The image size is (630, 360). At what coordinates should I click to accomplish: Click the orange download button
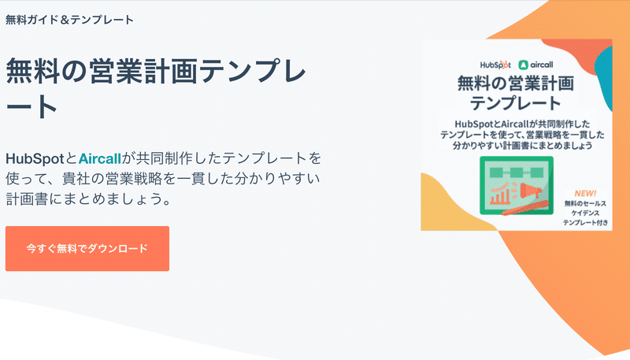point(87,248)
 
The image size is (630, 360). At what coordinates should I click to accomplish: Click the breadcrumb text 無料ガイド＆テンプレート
point(69,20)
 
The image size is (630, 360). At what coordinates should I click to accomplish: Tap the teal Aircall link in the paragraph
point(100,158)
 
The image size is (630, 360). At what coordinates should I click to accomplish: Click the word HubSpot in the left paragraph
point(35,158)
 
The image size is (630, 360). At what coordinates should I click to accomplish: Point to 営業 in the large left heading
point(116,72)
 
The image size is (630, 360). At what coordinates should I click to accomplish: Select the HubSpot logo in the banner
point(495,65)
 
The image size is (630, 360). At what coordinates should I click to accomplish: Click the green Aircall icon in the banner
point(523,65)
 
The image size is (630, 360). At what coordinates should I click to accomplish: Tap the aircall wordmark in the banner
point(542,65)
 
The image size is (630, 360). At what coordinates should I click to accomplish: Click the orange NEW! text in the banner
point(585,193)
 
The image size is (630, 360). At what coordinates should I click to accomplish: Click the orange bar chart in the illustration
point(500,194)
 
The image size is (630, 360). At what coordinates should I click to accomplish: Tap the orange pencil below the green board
point(524,207)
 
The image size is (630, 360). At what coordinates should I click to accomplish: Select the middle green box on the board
point(517,173)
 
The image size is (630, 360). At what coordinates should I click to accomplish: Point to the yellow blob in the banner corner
point(450,206)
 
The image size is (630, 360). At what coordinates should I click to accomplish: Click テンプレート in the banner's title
point(516,103)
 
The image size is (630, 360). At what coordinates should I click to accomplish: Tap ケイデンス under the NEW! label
point(585,213)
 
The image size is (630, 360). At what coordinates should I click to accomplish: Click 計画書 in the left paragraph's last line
point(27,199)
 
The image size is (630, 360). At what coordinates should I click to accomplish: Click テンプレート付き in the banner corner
point(585,223)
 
